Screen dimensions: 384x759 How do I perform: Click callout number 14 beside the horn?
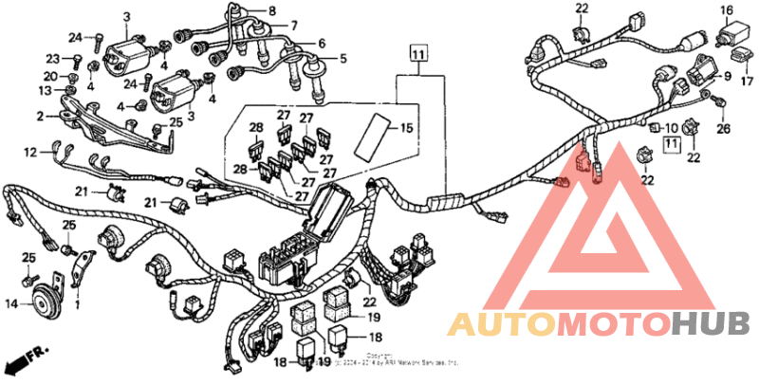coord(11,304)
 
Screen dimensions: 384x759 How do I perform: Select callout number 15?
coord(406,127)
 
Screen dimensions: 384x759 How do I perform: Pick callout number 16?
coord(727,11)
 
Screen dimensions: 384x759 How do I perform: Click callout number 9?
coord(728,75)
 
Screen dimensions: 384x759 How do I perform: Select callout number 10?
coord(672,127)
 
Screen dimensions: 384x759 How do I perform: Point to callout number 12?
coord(30,151)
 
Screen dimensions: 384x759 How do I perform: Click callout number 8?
coord(272,10)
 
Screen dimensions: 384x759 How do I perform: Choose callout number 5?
coord(342,59)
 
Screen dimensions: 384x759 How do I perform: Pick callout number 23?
coord(53,59)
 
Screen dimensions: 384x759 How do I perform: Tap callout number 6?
coord(322,44)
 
